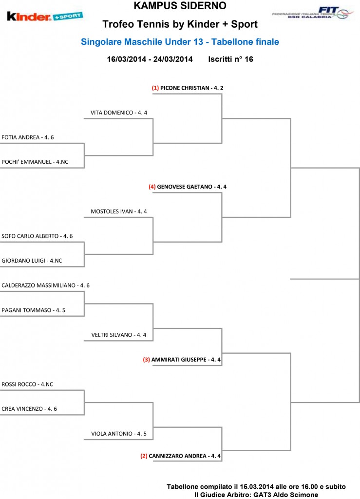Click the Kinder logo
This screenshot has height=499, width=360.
pos(44,16)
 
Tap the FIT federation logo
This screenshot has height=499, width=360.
pos(313,13)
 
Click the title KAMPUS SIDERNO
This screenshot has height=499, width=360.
pos(180,5)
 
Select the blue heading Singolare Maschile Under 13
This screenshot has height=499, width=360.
pos(142,42)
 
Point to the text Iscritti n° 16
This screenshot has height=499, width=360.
pos(230,59)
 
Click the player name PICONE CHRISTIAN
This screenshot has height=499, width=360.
pos(185,88)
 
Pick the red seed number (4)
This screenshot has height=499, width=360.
pos(152,187)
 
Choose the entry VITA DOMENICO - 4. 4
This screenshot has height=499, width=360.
pos(119,113)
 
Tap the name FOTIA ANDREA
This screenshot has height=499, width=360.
pos(20,137)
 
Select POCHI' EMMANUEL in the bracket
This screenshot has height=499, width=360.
pos(26,162)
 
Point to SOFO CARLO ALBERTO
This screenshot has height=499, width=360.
pos(30,236)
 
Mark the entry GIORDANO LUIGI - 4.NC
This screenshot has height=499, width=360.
pos(32,261)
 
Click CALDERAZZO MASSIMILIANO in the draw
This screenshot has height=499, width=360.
pos(38,286)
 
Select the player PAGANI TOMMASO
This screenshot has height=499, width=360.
pos(26,310)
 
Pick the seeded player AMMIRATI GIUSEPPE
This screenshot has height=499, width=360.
pos(179,360)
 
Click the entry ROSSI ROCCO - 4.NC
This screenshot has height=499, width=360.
pos(27,384)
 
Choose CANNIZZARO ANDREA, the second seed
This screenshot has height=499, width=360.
pos(177,456)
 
